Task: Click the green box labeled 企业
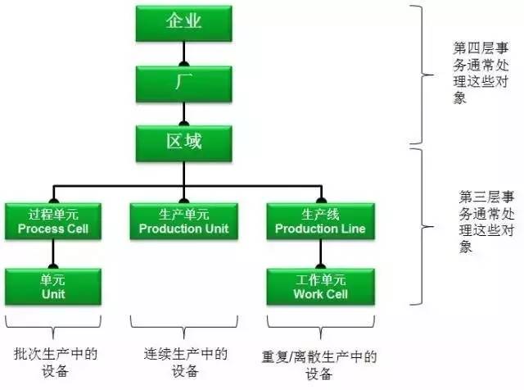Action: (x=183, y=22)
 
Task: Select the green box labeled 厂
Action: (x=183, y=83)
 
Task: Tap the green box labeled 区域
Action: (x=183, y=142)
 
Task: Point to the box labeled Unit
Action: (x=52, y=287)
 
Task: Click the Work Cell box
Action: (x=319, y=287)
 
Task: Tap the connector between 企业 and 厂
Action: (x=183, y=52)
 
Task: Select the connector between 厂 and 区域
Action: (x=183, y=112)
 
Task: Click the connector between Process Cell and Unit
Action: (x=52, y=255)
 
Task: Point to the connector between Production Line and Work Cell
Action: (x=319, y=255)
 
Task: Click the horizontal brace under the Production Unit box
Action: (x=183, y=321)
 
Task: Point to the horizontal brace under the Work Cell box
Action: (x=319, y=321)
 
